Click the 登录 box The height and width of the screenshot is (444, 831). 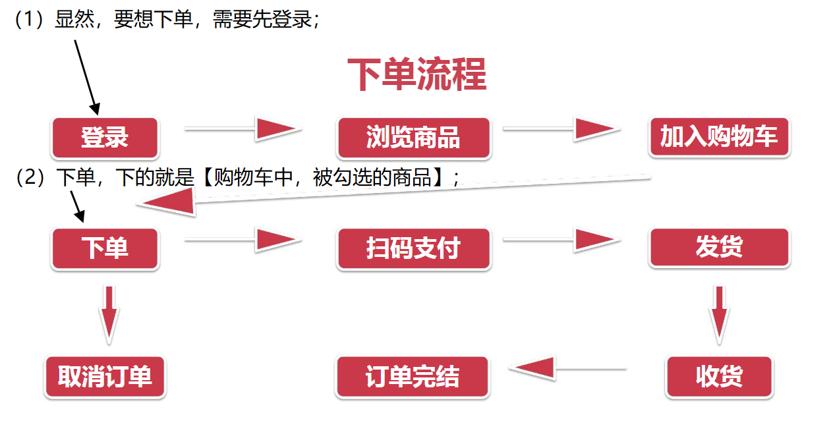(x=105, y=138)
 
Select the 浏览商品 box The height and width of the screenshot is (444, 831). (x=413, y=138)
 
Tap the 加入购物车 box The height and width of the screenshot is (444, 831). (x=719, y=136)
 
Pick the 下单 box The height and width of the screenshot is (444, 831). (x=105, y=248)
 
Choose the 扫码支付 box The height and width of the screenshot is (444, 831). (x=413, y=248)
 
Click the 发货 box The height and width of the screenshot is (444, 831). (x=719, y=247)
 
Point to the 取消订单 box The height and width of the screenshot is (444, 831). (x=105, y=377)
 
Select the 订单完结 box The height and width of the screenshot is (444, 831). (x=413, y=377)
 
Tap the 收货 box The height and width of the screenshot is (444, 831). (x=719, y=377)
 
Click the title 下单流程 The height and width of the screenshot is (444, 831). (x=416, y=74)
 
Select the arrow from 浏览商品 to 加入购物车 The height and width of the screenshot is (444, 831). (x=561, y=129)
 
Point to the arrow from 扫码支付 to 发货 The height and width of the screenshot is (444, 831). (x=561, y=240)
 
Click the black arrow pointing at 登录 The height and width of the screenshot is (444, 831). (x=86, y=76)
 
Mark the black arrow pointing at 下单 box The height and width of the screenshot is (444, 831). (x=76, y=206)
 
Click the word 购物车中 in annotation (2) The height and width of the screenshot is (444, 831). (x=254, y=178)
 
